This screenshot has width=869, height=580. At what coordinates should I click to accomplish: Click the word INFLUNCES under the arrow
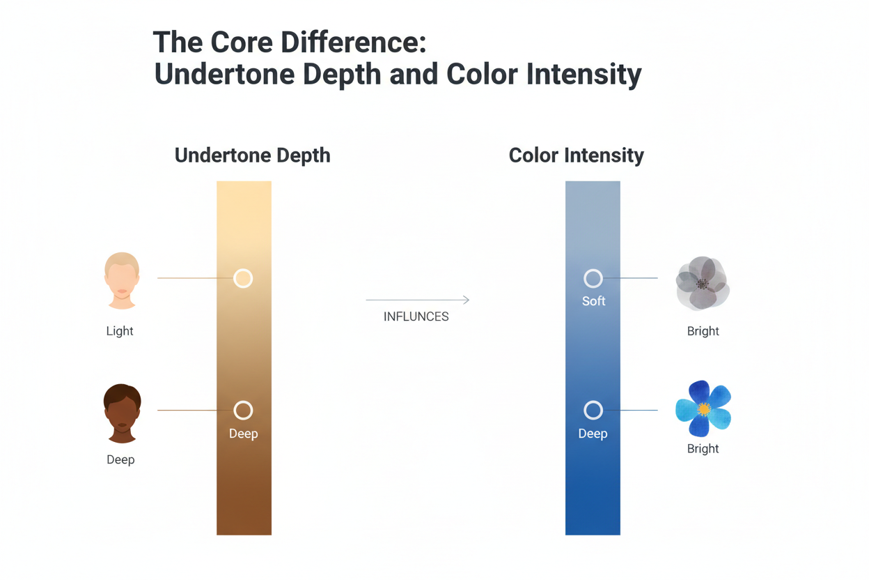coord(416,316)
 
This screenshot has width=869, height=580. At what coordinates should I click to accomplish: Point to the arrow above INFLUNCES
coord(418,300)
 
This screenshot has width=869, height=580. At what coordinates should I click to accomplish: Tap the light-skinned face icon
coord(122,280)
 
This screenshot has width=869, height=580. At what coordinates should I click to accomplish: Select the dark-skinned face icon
coord(122,413)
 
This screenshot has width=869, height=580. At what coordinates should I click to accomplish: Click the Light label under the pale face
coord(120,331)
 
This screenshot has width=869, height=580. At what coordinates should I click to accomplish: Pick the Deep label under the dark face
coord(120,459)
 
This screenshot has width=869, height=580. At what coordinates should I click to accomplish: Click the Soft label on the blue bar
coord(593,301)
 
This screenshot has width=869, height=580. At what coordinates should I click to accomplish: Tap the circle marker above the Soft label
coord(593,279)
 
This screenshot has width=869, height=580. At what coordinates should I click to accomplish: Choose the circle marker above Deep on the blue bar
coord(593,410)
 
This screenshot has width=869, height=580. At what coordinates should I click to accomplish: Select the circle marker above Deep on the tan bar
coord(243,410)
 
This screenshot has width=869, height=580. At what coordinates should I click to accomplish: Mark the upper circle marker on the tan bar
coord(243,279)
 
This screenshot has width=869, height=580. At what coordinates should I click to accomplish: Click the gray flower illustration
coord(703,283)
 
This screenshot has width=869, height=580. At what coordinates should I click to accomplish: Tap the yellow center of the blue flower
coord(704,409)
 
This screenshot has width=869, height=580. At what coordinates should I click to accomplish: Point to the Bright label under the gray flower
coord(703,331)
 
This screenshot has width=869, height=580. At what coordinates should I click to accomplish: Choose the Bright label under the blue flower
coord(703,448)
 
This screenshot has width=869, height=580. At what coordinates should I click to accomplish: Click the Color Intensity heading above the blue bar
coord(576,155)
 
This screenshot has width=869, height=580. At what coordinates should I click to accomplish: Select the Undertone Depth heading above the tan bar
coord(252,155)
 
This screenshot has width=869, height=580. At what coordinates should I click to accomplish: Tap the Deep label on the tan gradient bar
coord(243,434)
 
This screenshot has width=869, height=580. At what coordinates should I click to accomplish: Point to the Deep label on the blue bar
coord(593,434)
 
